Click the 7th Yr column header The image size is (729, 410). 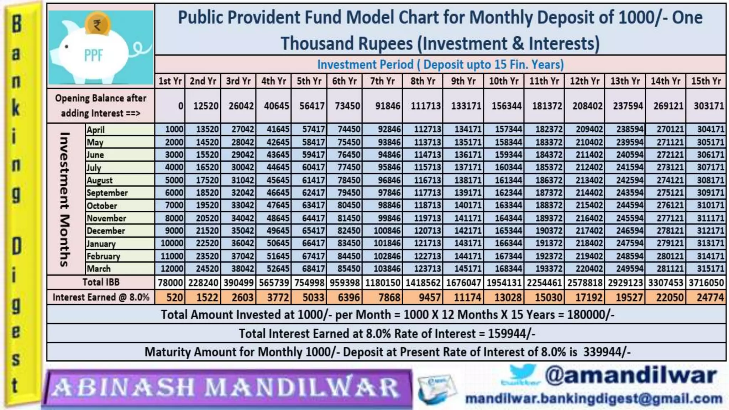point(382,81)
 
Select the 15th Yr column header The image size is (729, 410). point(706,81)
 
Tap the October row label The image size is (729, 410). point(102,206)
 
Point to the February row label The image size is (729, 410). point(104,256)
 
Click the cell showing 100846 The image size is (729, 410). point(387,231)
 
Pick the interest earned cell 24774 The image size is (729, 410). point(710,298)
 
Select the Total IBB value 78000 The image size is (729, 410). point(170,283)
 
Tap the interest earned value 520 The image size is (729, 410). point(174,298)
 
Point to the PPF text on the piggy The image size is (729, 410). point(93,56)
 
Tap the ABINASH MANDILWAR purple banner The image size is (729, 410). point(226,388)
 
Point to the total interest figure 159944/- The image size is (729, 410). point(511,334)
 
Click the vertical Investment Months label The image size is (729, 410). point(64,199)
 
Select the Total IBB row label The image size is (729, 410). point(101,282)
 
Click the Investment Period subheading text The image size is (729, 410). point(440,65)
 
